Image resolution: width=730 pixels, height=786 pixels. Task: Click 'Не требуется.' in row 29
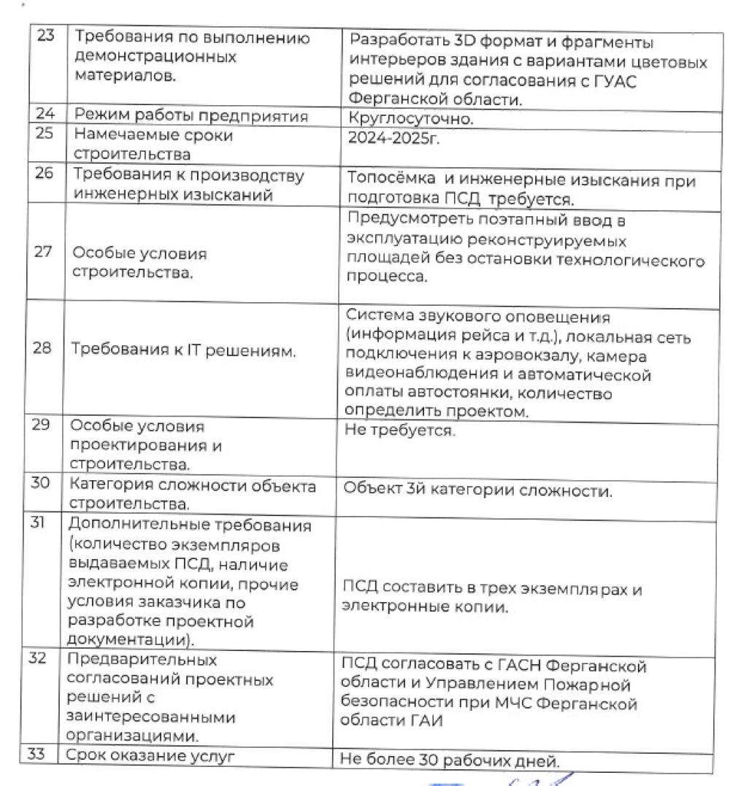click(x=399, y=431)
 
